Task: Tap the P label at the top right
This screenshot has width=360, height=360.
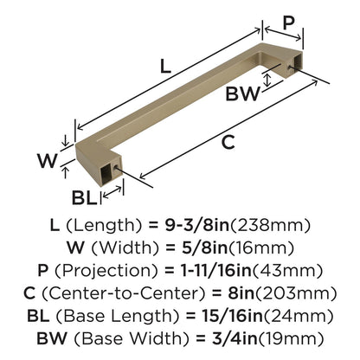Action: pyautogui.click(x=288, y=22)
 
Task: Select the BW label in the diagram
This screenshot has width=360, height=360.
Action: pyautogui.click(x=242, y=94)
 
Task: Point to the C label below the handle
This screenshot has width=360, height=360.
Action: pyautogui.click(x=228, y=142)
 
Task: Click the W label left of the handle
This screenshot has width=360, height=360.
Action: pyautogui.click(x=48, y=160)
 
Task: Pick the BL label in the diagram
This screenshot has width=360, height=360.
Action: pyautogui.click(x=84, y=197)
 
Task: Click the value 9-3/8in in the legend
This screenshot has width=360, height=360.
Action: pyautogui.click(x=196, y=225)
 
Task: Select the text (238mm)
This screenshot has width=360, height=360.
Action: pyautogui.click(x=269, y=226)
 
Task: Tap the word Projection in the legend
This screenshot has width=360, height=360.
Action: pyautogui.click(x=106, y=271)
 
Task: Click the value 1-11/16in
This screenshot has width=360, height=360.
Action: pyautogui.click(x=216, y=271)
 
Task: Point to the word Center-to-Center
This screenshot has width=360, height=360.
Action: pyautogui.click(x=124, y=293)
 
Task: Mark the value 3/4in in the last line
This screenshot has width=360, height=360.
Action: pyautogui.click(x=235, y=338)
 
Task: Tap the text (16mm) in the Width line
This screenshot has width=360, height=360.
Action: pyautogui.click(x=261, y=248)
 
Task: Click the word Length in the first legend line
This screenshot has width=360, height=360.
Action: pyautogui.click(x=104, y=226)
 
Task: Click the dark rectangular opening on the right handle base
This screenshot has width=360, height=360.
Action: pyautogui.click(x=297, y=61)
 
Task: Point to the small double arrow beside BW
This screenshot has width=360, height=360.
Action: pyautogui.click(x=268, y=80)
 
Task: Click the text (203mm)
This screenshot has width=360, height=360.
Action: pyautogui.click(x=296, y=293)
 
